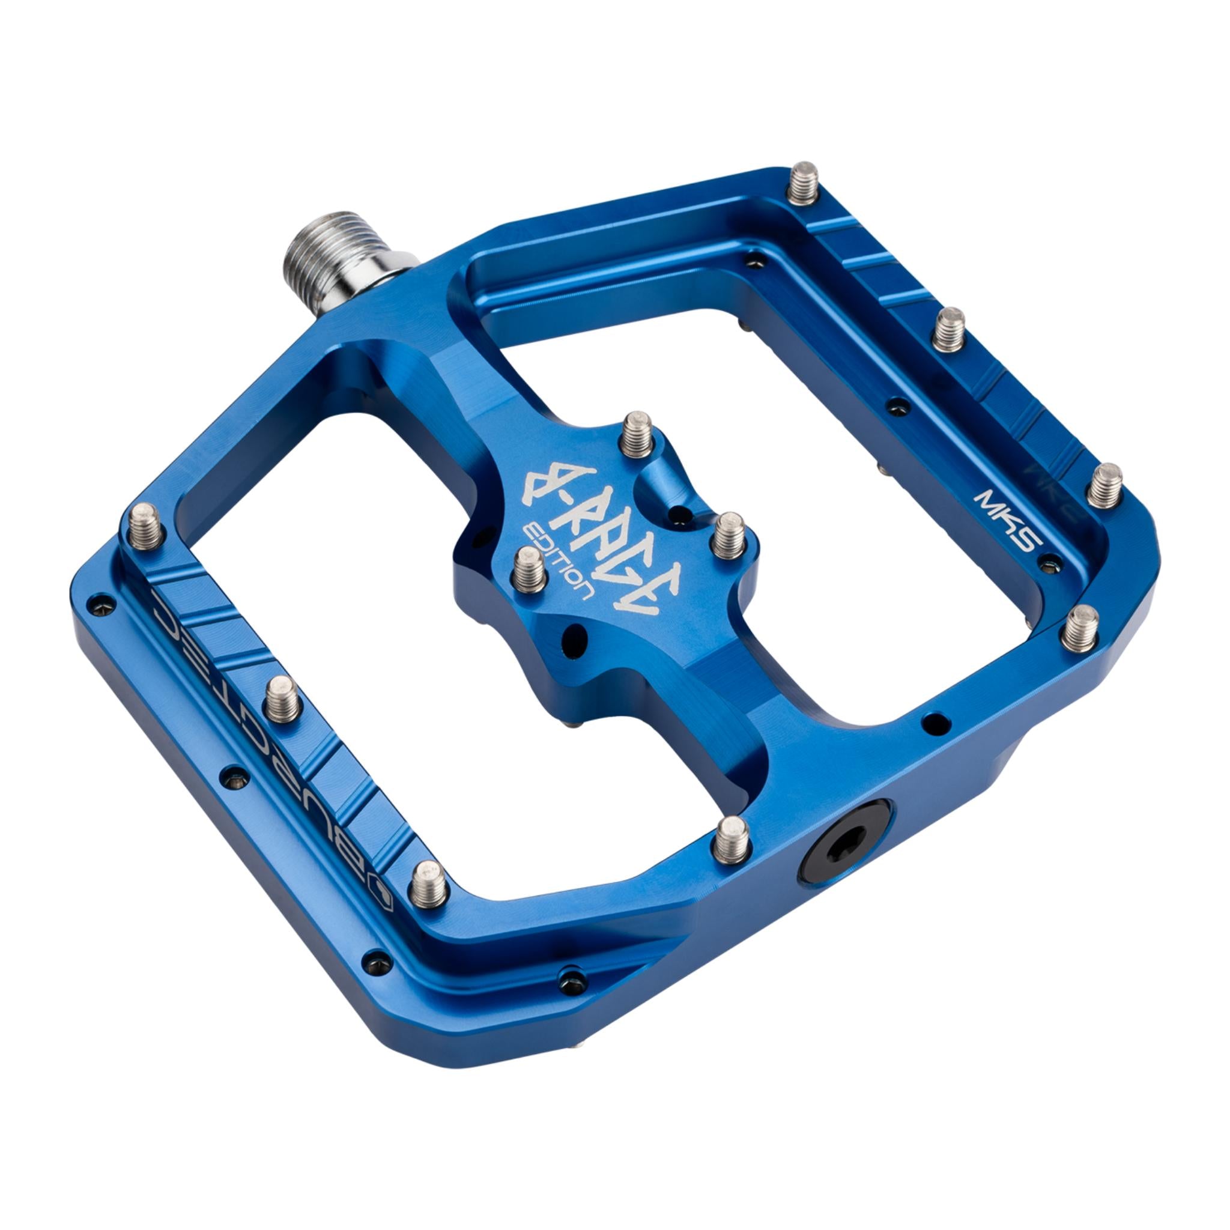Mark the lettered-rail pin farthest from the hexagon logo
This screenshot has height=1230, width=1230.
(145, 526)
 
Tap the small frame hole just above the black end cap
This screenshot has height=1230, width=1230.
(936, 722)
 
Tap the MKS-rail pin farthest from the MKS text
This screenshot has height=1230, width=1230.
(804, 183)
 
